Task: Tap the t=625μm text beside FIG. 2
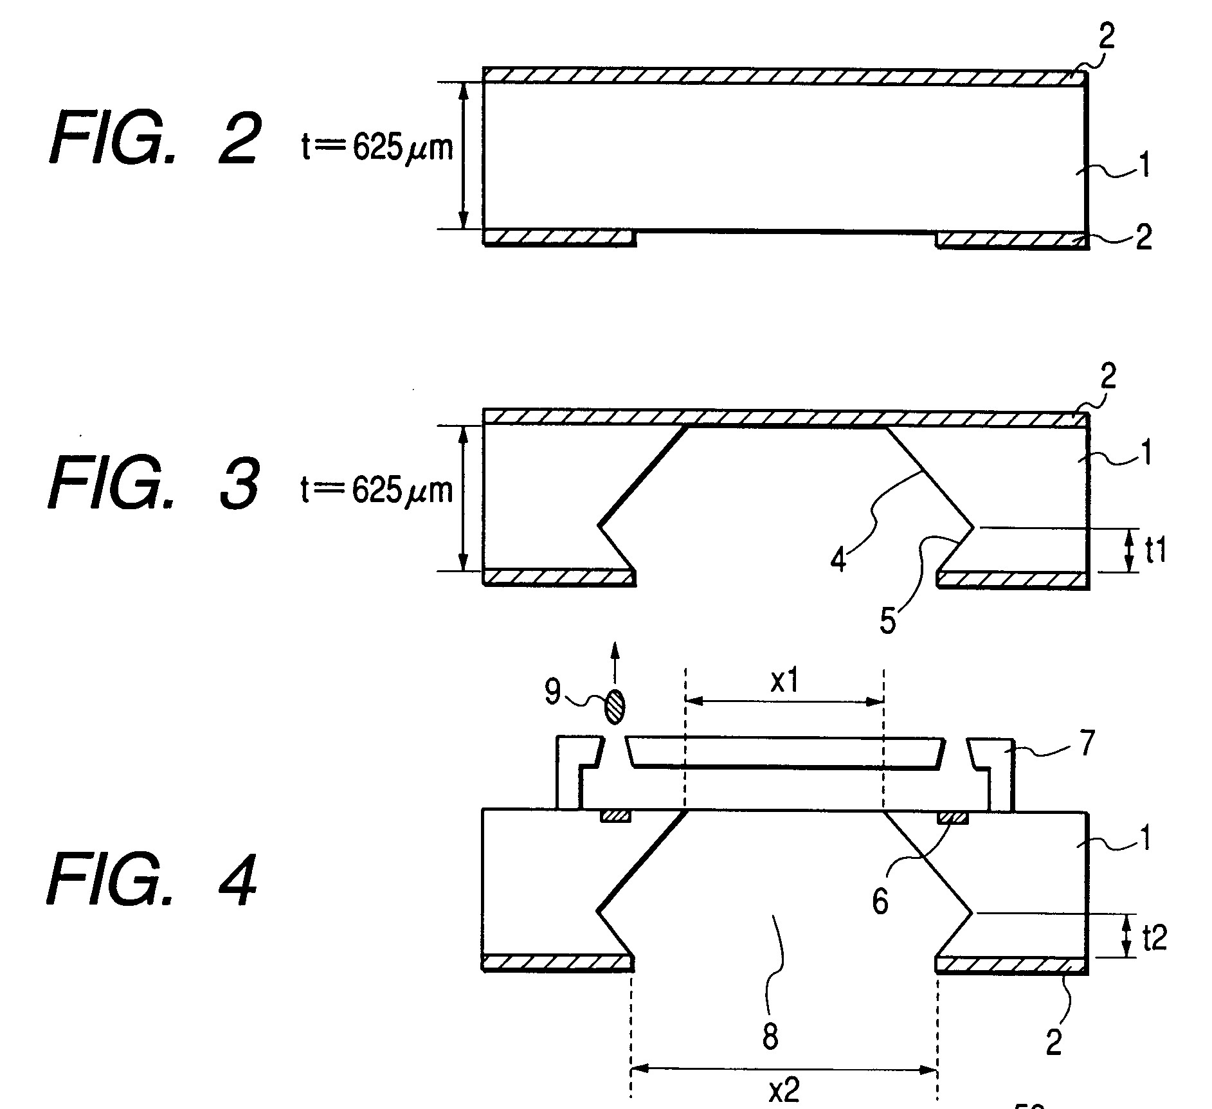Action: pyautogui.click(x=377, y=149)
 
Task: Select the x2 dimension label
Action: pyautogui.click(x=784, y=1091)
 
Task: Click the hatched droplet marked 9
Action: pyautogui.click(x=615, y=705)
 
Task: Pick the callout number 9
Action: pyautogui.click(x=553, y=692)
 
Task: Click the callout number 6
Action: pyautogui.click(x=880, y=901)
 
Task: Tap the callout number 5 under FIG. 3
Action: pyautogui.click(x=888, y=621)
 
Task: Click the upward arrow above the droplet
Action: pyautogui.click(x=614, y=665)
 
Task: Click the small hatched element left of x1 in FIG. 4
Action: pyautogui.click(x=616, y=816)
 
